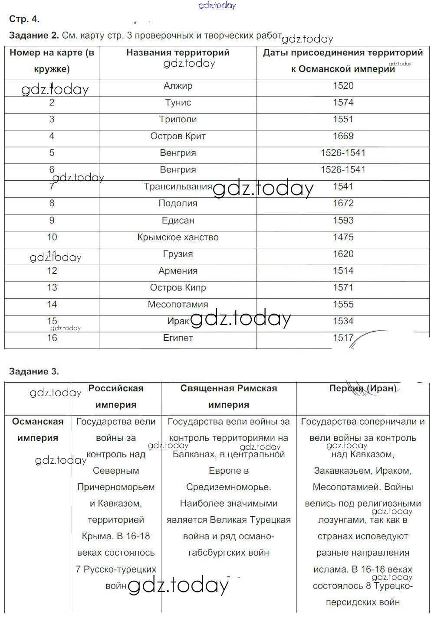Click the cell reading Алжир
(178, 86)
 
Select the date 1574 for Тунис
(343, 103)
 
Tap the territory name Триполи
(178, 120)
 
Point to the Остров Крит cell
(178, 136)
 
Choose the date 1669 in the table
(343, 136)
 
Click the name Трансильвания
(178, 187)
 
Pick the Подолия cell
(178, 204)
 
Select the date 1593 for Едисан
(343, 221)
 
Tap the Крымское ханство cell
(178, 237)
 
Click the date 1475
(343, 237)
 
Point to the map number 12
(52, 271)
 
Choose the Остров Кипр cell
(178, 288)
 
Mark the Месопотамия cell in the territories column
(178, 305)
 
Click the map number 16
(52, 338)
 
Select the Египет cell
(178, 338)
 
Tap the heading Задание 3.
(34, 371)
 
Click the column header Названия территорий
(178, 53)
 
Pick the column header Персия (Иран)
(363, 388)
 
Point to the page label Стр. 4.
(24, 19)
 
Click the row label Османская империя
(38, 429)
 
